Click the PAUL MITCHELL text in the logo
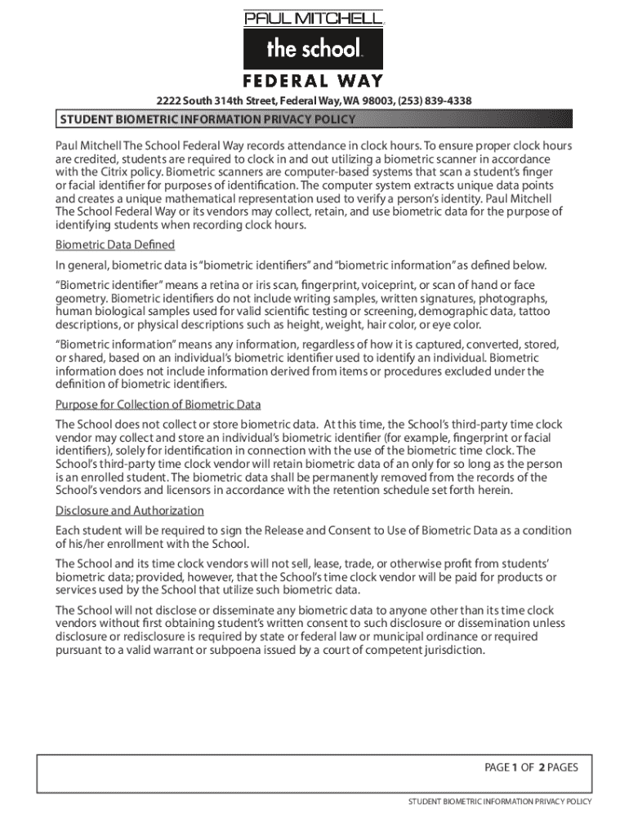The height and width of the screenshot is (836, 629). click(x=314, y=18)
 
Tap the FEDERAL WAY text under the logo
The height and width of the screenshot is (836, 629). click(x=314, y=81)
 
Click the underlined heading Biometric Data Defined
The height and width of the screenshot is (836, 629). click(x=114, y=245)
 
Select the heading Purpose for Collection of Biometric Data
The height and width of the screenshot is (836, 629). click(x=158, y=405)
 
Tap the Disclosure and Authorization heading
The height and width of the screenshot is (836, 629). click(x=129, y=511)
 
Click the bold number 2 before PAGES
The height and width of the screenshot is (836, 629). click(x=541, y=767)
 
